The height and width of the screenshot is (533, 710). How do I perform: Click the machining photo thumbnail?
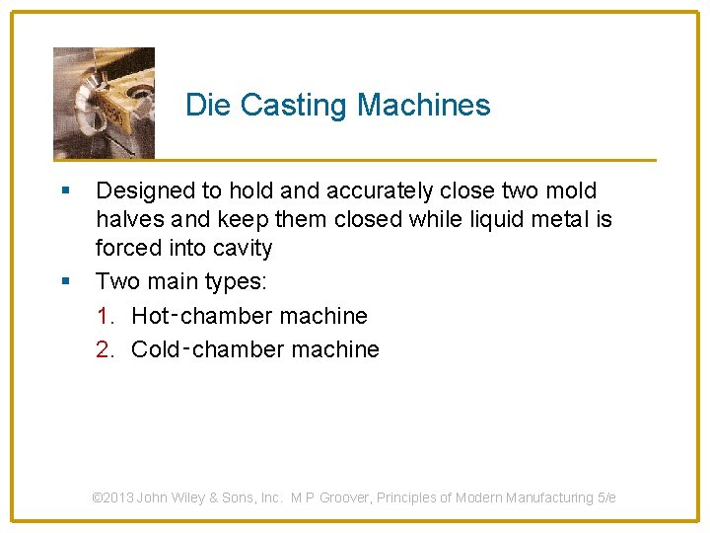tap(104, 103)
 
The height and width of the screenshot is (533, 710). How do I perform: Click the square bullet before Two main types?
tap(65, 281)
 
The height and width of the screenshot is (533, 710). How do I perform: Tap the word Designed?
tap(143, 191)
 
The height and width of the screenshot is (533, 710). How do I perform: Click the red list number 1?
tap(106, 316)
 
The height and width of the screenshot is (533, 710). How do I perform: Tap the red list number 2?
tap(106, 349)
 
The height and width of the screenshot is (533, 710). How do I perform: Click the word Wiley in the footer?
tap(186, 497)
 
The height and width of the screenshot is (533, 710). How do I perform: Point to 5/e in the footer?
tap(606, 497)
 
